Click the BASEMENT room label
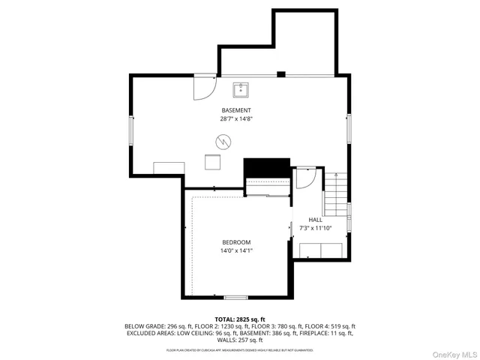click(235, 110)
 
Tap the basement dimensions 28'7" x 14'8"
click(235, 118)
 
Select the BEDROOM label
click(236, 241)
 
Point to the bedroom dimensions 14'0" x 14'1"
click(236, 250)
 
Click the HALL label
click(315, 220)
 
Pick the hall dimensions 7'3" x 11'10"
click(315, 228)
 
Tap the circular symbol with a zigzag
click(223, 140)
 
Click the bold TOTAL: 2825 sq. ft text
click(239, 319)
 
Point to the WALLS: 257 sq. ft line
click(239, 340)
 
